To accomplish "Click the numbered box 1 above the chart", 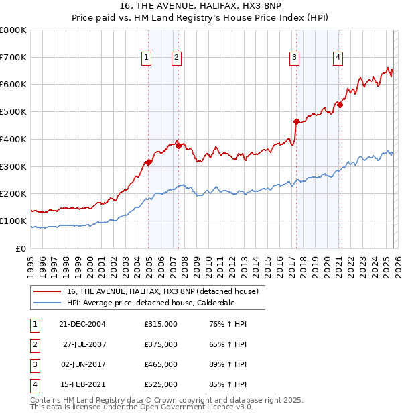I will coord(146,58).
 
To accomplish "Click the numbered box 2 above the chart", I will coord(176,58).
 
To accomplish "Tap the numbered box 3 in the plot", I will coord(294,58).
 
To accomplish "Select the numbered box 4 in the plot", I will coord(338,58).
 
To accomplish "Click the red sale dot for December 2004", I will coord(148,162).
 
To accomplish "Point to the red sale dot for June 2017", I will coord(296,121).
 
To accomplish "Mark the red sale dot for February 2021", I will coord(340,105).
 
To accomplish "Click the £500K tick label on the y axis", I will coord(13,112).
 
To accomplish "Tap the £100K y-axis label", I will coord(13,221).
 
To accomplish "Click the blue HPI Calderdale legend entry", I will coord(151,303).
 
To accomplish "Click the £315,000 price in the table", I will coord(161,324).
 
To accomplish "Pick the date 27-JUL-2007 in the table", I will coord(84,344).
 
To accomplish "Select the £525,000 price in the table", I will coord(161,384).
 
